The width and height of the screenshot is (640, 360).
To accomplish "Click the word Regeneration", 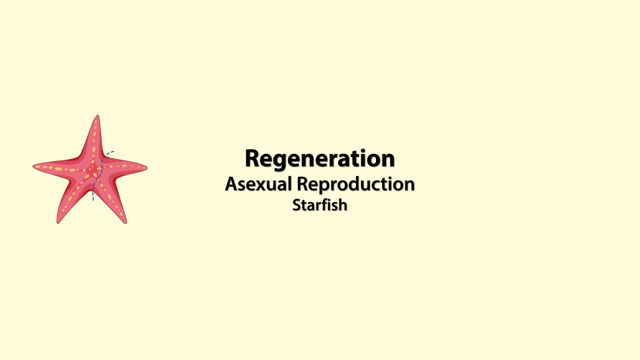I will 319,158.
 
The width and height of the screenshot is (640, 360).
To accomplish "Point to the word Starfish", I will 319,205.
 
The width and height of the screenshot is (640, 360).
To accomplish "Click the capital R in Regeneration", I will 253,158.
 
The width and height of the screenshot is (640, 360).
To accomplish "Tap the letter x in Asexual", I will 264,184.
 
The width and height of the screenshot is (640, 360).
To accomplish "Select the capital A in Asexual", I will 231,184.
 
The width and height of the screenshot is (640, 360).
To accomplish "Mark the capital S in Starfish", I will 296,205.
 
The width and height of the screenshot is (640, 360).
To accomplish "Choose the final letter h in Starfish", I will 342,204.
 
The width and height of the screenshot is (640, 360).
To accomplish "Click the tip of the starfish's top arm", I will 97,116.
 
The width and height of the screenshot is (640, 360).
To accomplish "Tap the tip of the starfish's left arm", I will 34,166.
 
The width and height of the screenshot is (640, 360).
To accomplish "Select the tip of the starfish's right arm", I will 146,168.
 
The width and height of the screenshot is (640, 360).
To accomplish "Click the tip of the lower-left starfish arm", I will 58,222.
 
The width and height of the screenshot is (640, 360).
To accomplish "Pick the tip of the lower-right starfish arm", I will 125,222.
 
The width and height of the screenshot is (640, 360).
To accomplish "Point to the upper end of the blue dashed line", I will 114,151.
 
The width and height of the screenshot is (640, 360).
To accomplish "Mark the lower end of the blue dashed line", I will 93,200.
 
